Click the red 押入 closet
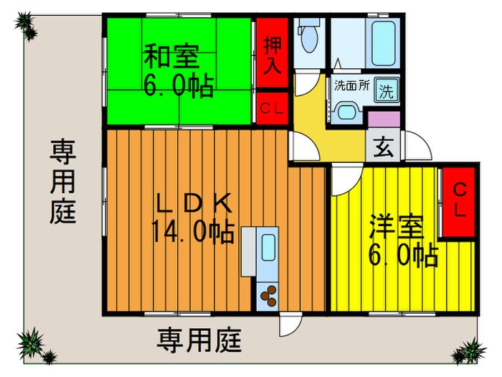pos(273,56)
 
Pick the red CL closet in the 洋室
pos(458,202)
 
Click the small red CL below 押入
pos(273,109)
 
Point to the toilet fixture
pos(310,37)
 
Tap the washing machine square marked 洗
pos(387,91)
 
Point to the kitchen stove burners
pos(267,294)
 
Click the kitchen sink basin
pos(268,248)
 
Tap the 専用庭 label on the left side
pos(63,182)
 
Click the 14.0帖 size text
pos(192,232)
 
